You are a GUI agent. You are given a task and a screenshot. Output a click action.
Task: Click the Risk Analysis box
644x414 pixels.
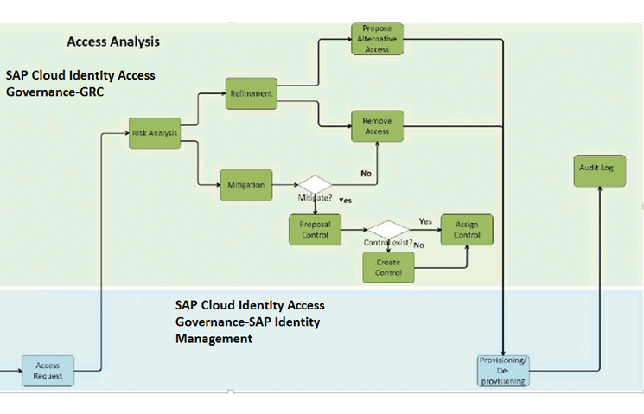coord(155,133)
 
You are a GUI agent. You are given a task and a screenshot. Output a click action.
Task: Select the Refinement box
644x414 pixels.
coord(252,93)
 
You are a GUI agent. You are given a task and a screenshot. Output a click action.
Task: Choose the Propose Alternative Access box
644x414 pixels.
coord(376,39)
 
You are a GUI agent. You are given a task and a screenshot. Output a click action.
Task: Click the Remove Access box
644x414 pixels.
coord(376,127)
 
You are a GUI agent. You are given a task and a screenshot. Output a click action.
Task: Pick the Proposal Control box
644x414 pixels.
coord(315,229)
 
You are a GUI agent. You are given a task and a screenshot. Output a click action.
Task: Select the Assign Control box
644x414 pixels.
coord(467,230)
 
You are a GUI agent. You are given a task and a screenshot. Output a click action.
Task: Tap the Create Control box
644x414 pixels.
coord(388,268)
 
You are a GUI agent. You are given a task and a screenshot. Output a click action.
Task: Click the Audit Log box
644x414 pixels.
coord(595,169)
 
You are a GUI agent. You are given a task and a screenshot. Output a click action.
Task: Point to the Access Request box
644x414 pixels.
coord(48,371)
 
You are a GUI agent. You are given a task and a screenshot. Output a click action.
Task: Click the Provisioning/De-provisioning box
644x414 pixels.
coord(501,369)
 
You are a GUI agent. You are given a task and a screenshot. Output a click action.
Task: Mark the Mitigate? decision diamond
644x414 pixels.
coord(315,185)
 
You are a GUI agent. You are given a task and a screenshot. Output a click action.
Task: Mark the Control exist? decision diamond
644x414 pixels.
coord(388,229)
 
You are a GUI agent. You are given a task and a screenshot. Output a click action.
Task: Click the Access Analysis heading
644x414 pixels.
coord(112,41)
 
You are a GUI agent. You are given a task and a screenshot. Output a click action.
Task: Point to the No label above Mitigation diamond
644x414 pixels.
coord(366,174)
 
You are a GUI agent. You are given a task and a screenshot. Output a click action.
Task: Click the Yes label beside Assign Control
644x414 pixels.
coord(425,221)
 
